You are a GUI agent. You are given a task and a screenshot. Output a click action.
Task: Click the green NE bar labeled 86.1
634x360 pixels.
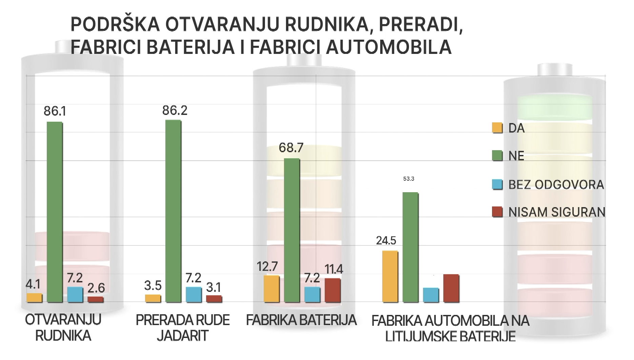(x=55, y=212)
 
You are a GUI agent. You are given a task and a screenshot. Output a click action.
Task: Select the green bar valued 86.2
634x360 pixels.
(x=173, y=211)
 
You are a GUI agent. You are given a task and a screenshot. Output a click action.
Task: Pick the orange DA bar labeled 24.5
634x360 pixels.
(x=390, y=276)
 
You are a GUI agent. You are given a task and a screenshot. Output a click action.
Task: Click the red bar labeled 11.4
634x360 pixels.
(x=333, y=290)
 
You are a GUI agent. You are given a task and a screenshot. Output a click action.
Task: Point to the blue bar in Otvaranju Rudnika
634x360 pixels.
(x=75, y=295)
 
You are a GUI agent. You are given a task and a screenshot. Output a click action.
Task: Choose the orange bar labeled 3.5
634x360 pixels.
(x=153, y=298)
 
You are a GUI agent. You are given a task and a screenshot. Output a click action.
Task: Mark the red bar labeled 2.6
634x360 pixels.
(x=96, y=299)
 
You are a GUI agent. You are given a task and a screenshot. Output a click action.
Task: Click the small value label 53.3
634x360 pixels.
(x=409, y=179)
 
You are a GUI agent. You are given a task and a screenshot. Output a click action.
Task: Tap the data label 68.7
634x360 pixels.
(x=291, y=148)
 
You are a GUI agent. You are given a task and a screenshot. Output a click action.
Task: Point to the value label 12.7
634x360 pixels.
(x=267, y=267)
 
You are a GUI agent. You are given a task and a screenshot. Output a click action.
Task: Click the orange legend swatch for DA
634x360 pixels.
(x=497, y=128)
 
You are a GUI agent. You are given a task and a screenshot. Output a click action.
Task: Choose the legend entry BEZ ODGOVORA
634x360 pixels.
(x=556, y=185)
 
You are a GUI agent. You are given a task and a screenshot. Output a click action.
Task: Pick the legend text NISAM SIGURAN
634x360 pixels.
(x=557, y=212)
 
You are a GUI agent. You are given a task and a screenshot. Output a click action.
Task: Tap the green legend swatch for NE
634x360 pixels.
(x=497, y=156)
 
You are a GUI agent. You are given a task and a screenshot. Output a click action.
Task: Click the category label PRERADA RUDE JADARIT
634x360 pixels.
(x=183, y=328)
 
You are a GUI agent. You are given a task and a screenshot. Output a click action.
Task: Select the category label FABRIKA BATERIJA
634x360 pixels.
(x=301, y=320)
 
